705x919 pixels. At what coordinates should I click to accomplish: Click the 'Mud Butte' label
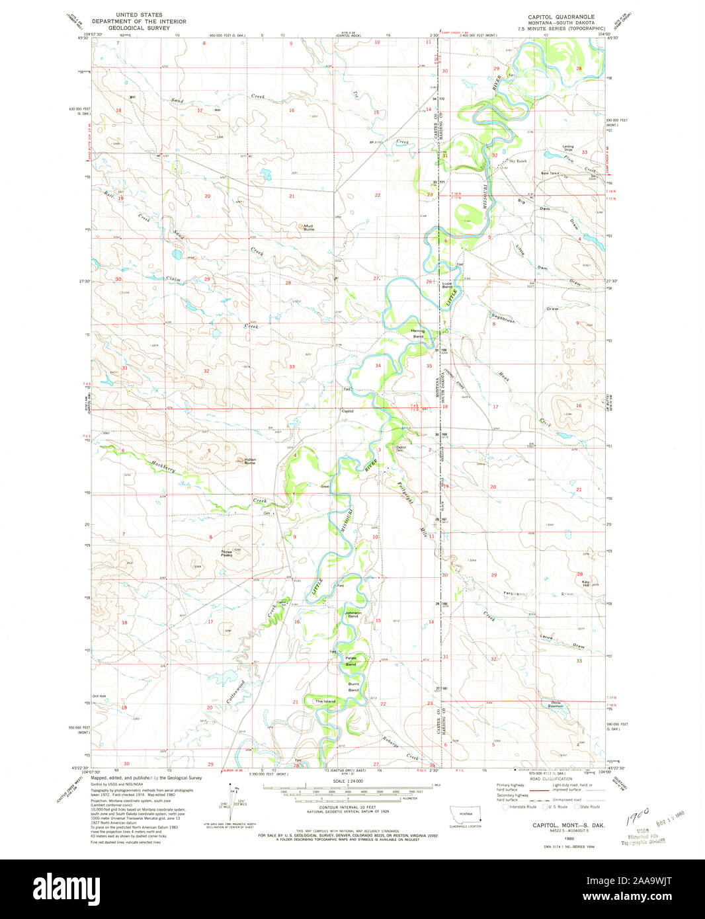[308, 227]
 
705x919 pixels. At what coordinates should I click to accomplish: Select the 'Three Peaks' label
[227, 553]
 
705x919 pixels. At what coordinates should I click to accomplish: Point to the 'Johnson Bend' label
[352, 614]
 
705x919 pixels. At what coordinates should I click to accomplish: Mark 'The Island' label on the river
[325, 701]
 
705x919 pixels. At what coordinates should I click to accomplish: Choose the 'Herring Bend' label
[417, 334]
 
